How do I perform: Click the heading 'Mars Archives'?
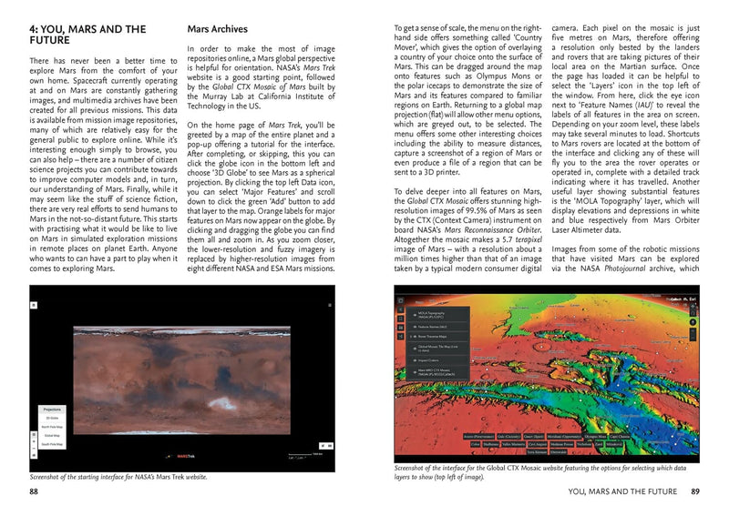[x=224, y=29]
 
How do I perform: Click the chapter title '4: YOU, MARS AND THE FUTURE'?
[x=75, y=35]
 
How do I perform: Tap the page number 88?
[x=36, y=492]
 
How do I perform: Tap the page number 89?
[x=694, y=492]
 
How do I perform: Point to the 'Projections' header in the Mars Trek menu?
[x=52, y=410]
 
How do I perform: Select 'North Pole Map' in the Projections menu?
[x=52, y=427]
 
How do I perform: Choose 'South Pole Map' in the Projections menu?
[x=52, y=444]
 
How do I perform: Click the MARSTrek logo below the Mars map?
[x=186, y=456]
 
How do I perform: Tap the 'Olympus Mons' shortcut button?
[x=597, y=437]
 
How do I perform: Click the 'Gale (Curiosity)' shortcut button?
[x=489, y=437]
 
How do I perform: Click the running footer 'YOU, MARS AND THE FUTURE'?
[x=620, y=492]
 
